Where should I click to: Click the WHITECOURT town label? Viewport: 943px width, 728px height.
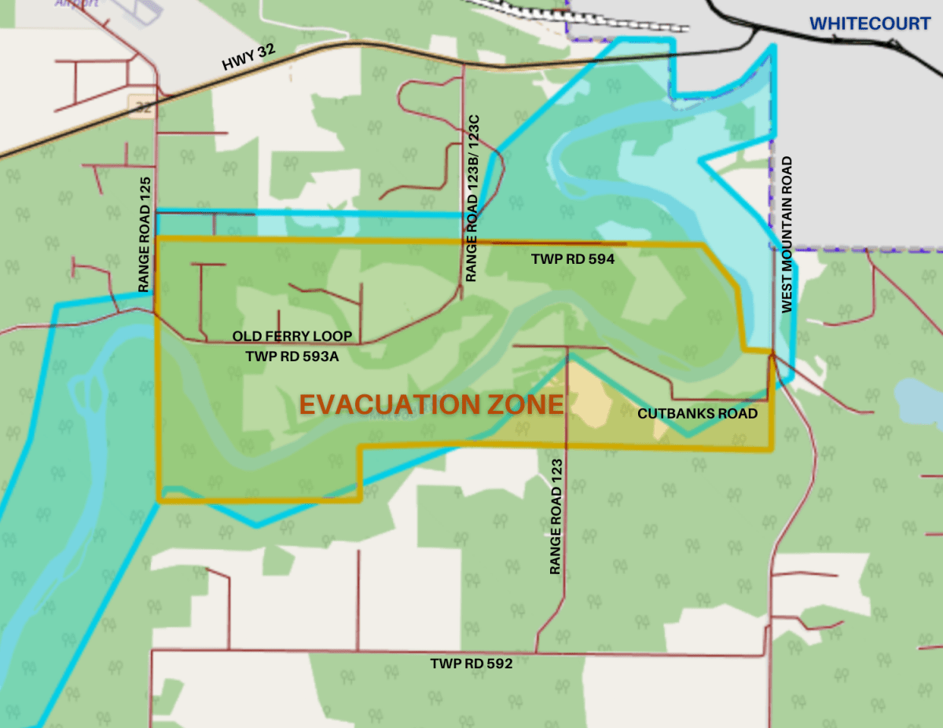[870, 24]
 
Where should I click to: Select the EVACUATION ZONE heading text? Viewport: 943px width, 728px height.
[431, 404]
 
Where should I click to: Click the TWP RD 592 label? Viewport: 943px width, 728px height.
[472, 664]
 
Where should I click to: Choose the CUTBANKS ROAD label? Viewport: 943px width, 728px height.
[698, 414]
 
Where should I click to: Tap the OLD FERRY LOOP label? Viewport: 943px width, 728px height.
[292, 336]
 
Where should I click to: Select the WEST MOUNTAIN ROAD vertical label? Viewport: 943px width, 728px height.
[787, 234]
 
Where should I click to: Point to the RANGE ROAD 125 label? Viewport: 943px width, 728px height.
[145, 234]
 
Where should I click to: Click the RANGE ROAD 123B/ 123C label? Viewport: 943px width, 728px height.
[472, 198]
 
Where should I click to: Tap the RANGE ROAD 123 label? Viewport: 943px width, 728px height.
[556, 517]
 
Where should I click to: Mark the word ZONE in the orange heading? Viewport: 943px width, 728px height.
[526, 404]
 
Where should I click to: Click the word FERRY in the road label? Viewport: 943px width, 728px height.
[295, 336]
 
